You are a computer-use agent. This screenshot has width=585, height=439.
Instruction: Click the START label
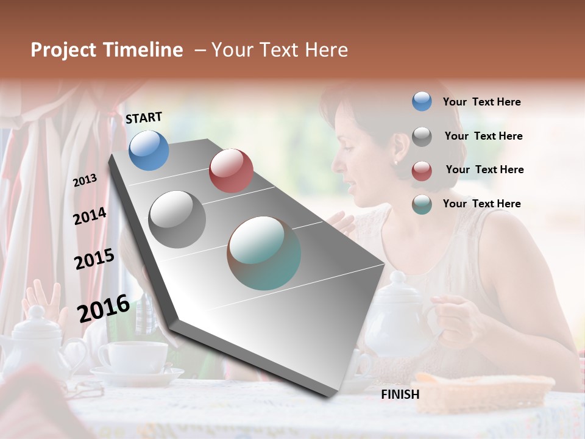coord(144,118)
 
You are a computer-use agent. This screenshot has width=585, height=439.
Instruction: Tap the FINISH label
coord(400,394)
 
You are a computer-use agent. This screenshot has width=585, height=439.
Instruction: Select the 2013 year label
coord(85,180)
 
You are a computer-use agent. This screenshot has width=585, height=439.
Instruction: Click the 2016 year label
coord(104,309)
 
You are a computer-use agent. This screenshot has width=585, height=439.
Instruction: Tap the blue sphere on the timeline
coord(149,150)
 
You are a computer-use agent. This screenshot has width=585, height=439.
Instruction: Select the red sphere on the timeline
coord(231,171)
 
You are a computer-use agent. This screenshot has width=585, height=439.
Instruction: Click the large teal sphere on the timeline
coord(264,253)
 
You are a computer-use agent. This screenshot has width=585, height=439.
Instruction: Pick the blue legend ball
coord(422,102)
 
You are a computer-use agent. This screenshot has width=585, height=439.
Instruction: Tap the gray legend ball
coord(422,137)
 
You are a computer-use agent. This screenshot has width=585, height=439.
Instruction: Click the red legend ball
coord(422,171)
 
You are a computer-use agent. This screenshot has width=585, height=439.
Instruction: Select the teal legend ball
coord(422,204)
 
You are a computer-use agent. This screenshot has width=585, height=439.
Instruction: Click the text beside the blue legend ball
coord(481,102)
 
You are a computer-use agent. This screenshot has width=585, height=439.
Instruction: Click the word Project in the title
coord(64,50)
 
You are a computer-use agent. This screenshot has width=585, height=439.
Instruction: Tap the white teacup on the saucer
coord(133,357)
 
